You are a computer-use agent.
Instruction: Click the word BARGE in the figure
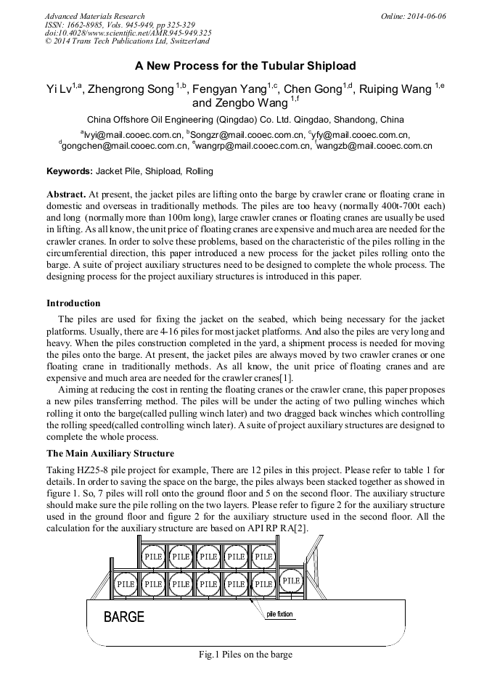click(x=124, y=618)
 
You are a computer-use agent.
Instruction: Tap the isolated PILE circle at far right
click(x=291, y=581)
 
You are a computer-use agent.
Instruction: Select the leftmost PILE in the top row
click(x=153, y=557)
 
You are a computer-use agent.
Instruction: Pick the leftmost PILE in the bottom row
click(x=126, y=584)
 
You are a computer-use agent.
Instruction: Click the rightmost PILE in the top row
click(x=263, y=557)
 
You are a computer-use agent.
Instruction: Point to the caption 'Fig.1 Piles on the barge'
click(x=245, y=655)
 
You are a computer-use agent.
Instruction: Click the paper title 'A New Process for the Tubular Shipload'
click(x=245, y=65)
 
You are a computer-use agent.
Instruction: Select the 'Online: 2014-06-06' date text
click(x=413, y=16)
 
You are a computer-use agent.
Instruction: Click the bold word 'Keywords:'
click(x=70, y=171)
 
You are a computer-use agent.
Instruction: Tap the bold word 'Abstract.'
click(x=66, y=195)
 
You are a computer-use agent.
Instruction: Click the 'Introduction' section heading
click(x=73, y=303)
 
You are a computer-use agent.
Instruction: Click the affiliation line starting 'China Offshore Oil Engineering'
click(x=245, y=119)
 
